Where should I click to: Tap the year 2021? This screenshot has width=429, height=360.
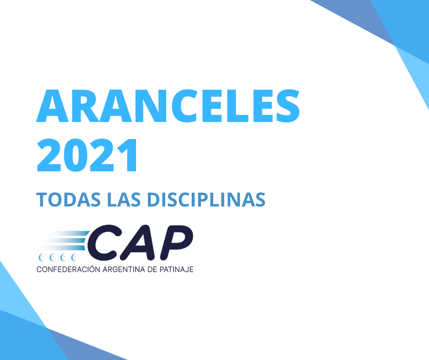(88, 155)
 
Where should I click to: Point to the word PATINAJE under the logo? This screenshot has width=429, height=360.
(176, 270)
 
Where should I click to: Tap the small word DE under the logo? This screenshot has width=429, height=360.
(151, 270)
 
